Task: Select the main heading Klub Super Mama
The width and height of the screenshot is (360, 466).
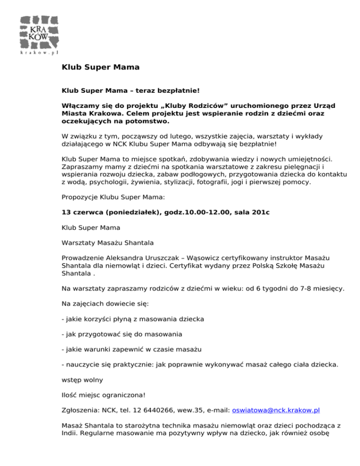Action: [x=100, y=67]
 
